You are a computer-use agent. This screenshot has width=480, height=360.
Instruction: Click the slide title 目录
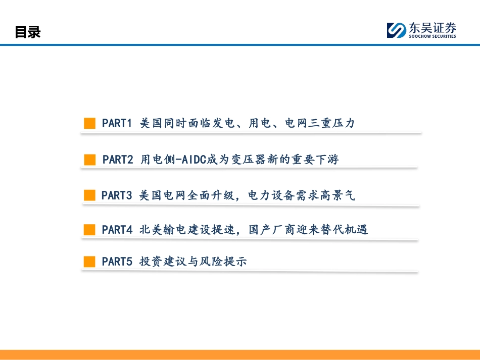27,32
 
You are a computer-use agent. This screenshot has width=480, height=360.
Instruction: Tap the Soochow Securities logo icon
396,30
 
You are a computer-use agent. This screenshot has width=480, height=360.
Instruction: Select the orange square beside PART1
89,123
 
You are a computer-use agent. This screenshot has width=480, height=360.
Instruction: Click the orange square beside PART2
90,160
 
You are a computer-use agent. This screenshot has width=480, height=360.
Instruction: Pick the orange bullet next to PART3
89,195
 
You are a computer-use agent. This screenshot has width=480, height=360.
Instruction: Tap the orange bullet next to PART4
89,230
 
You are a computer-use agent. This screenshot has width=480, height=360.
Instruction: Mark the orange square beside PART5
89,262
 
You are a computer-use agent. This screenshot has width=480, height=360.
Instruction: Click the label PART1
117,123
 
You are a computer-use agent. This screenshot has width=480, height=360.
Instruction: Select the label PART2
118,160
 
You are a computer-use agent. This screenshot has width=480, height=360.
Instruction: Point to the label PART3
117,195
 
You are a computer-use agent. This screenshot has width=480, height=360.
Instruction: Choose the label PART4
117,230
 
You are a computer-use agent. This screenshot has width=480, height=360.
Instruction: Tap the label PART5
117,262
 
